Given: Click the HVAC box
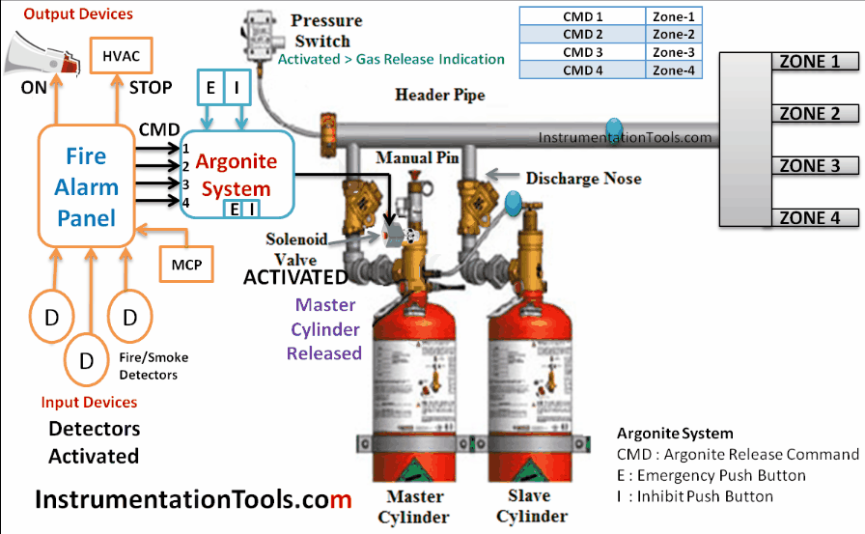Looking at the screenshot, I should [121, 56].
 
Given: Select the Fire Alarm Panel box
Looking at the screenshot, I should [87, 186].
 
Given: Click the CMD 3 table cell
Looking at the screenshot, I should [582, 51].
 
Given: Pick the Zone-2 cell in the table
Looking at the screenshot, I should [673, 34].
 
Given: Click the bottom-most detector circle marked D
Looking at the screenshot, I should [87, 360].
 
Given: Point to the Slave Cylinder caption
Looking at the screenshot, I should [530, 506].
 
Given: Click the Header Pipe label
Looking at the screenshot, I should [440, 95].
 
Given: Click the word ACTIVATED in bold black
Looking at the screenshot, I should [295, 278].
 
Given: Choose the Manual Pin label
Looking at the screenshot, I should [417, 156].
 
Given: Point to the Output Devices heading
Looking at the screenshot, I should [78, 14].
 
